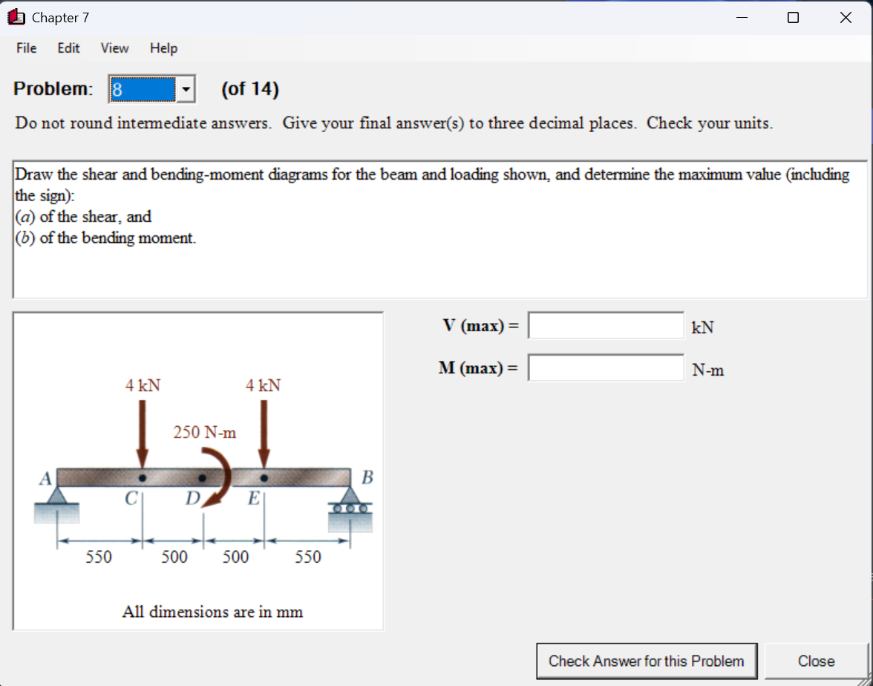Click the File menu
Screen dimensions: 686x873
(x=26, y=48)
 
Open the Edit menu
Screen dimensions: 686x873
(x=68, y=48)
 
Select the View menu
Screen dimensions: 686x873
(x=114, y=48)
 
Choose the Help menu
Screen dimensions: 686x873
(x=163, y=48)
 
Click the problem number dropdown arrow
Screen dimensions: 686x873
(x=186, y=90)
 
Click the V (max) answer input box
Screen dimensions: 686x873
(x=606, y=325)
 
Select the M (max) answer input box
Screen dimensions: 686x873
(x=606, y=367)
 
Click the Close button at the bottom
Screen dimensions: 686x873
(x=816, y=661)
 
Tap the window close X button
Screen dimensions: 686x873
(x=845, y=18)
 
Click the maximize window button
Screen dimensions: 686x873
(x=793, y=18)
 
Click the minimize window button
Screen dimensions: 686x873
(x=742, y=18)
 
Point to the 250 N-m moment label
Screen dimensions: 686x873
(x=205, y=432)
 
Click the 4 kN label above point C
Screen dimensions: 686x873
(x=143, y=385)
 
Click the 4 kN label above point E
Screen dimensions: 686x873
(x=264, y=385)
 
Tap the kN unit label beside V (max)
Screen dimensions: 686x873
(x=702, y=327)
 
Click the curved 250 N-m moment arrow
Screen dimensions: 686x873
(x=220, y=479)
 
